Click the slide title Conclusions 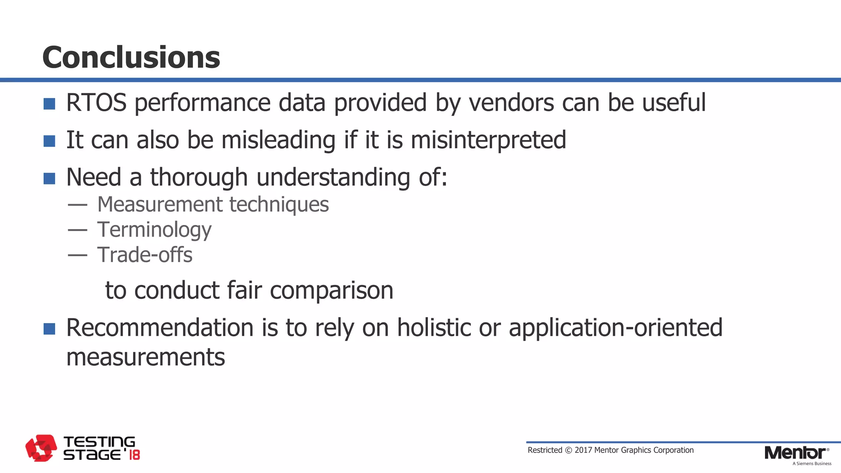tap(131, 57)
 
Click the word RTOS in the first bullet tap(96, 103)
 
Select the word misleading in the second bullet tap(278, 140)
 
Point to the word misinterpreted tap(488, 140)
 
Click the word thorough tap(199, 177)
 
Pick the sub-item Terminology tap(154, 230)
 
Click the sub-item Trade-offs tap(145, 255)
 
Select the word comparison tap(331, 291)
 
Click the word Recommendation tap(160, 328)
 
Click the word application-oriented tap(615, 328)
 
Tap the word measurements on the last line tap(145, 357)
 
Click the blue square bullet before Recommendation tap(49, 329)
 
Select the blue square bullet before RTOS tap(49, 104)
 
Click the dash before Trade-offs tap(78, 255)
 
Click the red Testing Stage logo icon tap(41, 448)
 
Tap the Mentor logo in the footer tap(796, 453)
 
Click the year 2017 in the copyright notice tap(583, 450)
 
